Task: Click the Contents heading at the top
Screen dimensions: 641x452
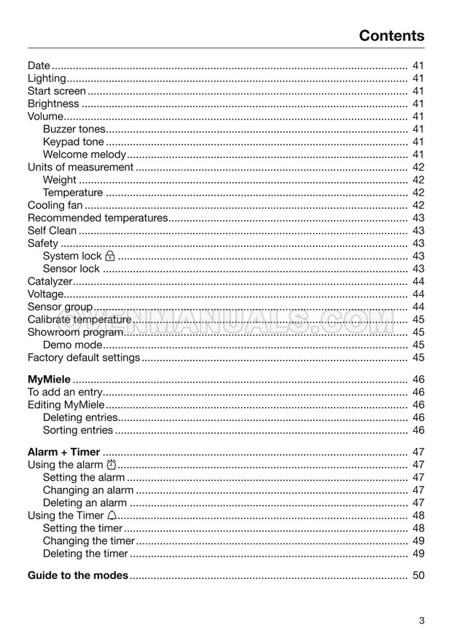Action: pyautogui.click(x=391, y=36)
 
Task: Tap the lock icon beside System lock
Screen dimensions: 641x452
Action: pyautogui.click(x=110, y=256)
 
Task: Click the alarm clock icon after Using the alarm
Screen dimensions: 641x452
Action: pyautogui.click(x=111, y=465)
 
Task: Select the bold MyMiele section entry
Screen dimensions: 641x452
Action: pyautogui.click(x=49, y=380)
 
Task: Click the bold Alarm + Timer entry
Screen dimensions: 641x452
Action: pyautogui.click(x=63, y=452)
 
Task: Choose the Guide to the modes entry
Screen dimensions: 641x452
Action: pyautogui.click(x=78, y=575)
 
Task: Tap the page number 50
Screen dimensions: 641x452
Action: pyautogui.click(x=418, y=575)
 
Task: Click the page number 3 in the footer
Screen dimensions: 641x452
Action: pyautogui.click(x=421, y=621)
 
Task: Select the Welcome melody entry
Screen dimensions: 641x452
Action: pyautogui.click(x=85, y=154)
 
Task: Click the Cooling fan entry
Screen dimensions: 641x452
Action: pyautogui.click(x=55, y=205)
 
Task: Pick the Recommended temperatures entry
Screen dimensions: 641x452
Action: pyautogui.click(x=97, y=218)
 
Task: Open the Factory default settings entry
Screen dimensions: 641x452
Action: pyautogui.click(x=83, y=358)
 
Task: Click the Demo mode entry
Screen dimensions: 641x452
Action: pyautogui.click(x=73, y=345)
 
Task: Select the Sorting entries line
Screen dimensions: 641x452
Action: pyautogui.click(x=78, y=430)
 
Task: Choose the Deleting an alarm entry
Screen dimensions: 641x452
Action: pyautogui.click(x=85, y=503)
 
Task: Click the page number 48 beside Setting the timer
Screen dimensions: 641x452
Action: pyautogui.click(x=418, y=528)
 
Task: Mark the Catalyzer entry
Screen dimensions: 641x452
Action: pyautogui.click(x=50, y=281)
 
